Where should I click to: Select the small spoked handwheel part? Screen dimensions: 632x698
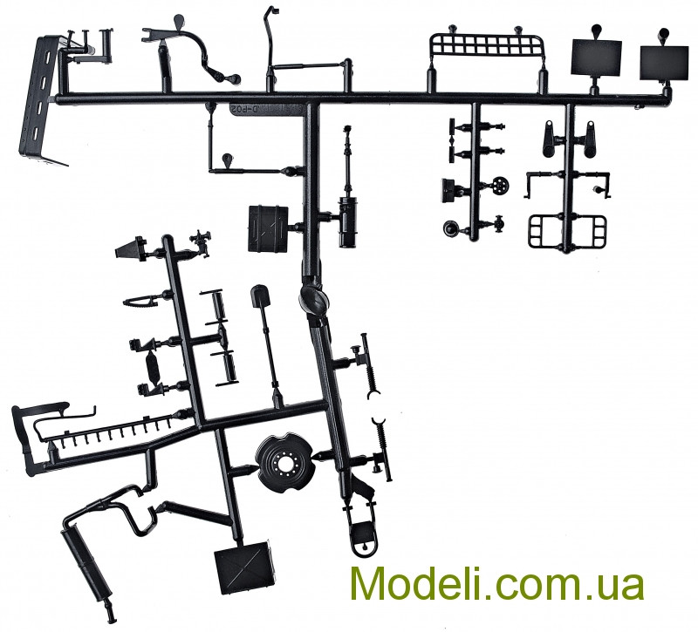coord(500,185)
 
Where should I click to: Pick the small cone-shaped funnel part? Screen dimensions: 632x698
coord(131,247)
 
